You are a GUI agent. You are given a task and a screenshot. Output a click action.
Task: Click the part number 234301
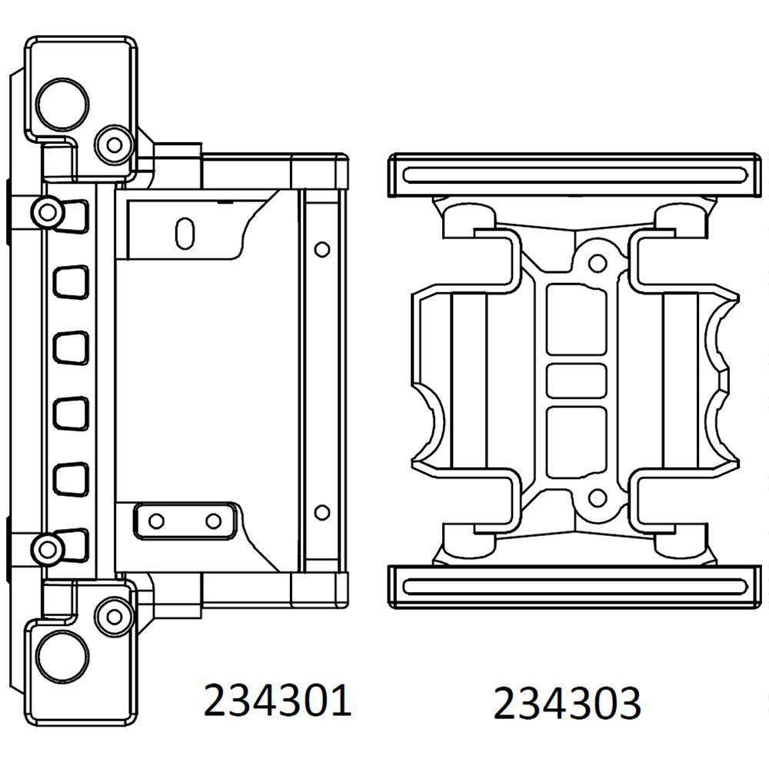277,701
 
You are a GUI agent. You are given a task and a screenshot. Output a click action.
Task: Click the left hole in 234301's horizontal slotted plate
157,521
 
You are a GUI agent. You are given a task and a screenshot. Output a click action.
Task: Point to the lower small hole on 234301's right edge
322,511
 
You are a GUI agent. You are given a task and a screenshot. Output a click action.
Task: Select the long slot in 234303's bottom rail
575,586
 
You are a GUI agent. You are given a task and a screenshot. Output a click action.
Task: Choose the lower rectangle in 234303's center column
576,439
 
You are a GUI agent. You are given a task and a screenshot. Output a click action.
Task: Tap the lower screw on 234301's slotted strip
48,548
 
